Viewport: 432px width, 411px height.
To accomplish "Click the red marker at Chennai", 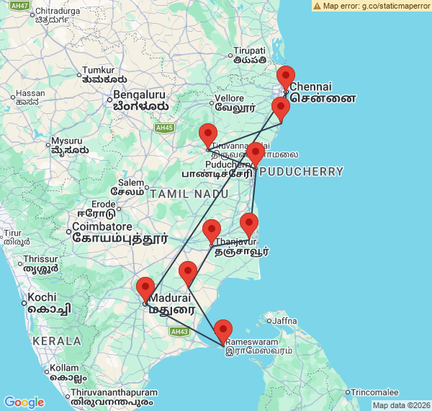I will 286,78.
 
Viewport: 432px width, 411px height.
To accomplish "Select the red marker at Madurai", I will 145,289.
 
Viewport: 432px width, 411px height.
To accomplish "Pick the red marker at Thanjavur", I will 212,231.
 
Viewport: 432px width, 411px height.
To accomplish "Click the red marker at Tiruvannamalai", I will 208,136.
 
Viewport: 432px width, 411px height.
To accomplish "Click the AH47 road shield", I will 21,6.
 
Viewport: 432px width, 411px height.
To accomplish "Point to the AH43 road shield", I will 179,331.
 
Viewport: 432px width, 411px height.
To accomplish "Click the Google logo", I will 24,402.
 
